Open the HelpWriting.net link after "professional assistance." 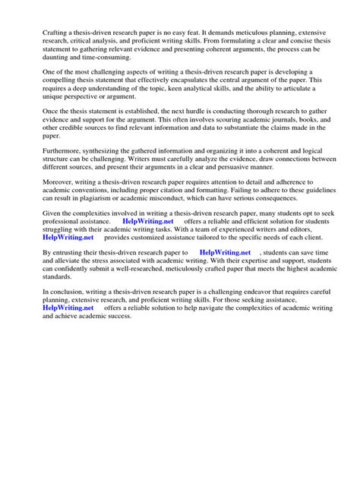pyautogui.click(x=148, y=222)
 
